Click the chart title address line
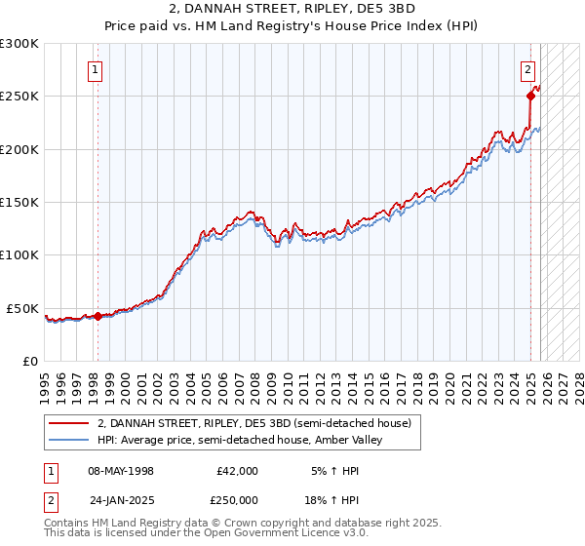click(x=292, y=8)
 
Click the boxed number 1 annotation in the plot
click(x=96, y=69)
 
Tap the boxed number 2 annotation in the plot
click(x=527, y=69)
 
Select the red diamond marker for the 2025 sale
click(x=531, y=96)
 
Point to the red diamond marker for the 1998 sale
click(x=97, y=316)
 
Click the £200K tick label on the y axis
click(x=19, y=149)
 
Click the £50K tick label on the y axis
click(x=23, y=308)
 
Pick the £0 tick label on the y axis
click(x=31, y=361)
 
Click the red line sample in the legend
click(x=68, y=423)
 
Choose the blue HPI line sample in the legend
click(x=68, y=440)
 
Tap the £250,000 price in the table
click(x=238, y=498)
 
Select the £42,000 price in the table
click(x=238, y=471)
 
